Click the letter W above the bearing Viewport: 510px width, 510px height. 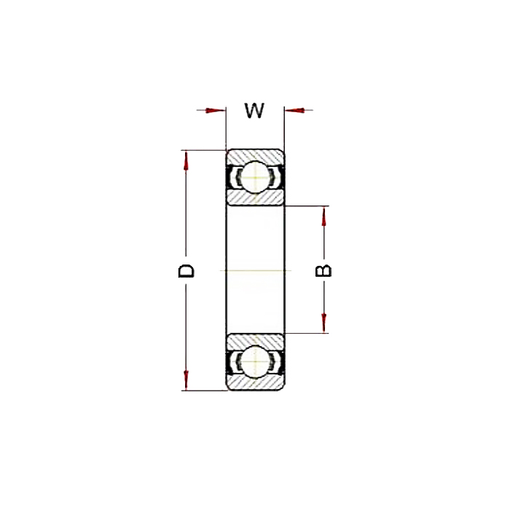(x=254, y=111)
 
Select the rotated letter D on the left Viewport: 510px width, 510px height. (x=187, y=270)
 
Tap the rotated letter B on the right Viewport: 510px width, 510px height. (x=323, y=270)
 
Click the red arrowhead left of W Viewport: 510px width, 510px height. (x=214, y=111)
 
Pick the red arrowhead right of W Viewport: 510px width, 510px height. (x=294, y=111)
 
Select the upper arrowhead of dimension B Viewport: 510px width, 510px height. (x=324, y=216)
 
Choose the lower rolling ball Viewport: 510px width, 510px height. (x=255, y=363)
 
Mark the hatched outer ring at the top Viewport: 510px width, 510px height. (x=255, y=155)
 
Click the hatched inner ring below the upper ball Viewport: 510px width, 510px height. (x=255, y=198)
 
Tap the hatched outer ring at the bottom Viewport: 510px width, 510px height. (x=255, y=384)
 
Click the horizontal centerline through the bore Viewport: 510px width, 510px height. (x=255, y=270)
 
